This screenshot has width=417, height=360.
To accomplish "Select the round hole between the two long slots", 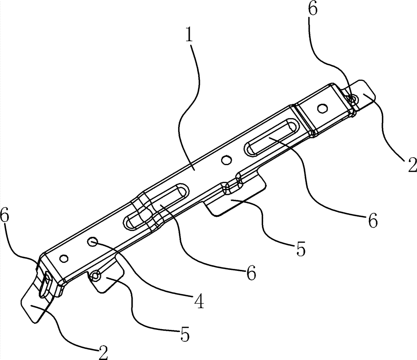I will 226,159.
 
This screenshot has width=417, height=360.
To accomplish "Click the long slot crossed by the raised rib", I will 154,206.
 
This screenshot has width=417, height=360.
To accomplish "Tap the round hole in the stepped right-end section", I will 322,109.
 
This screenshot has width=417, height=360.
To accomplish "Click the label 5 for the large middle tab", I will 300,249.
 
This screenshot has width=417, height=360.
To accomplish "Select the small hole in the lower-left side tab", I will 96,275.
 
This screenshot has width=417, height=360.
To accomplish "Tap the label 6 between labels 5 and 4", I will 250,274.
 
